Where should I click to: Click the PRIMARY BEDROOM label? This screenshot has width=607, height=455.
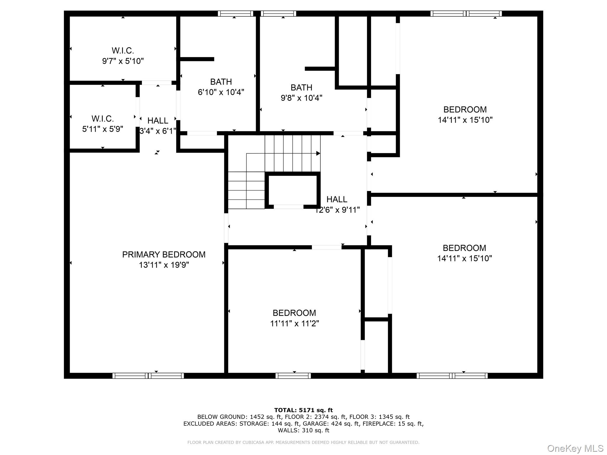(164, 254)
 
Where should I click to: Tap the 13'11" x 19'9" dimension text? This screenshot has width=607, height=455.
(164, 265)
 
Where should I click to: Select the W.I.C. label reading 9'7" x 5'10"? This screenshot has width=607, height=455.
(123, 50)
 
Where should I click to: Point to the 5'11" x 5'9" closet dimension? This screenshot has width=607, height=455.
(103, 129)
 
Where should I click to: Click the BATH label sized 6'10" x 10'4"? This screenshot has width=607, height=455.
(221, 82)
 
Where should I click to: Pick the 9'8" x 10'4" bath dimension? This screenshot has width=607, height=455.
(301, 98)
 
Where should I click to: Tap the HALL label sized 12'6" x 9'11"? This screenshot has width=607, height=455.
(337, 199)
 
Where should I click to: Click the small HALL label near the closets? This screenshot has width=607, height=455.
(158, 121)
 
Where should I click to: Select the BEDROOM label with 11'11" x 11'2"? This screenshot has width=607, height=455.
(294, 313)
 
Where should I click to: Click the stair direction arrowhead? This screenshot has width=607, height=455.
(318, 153)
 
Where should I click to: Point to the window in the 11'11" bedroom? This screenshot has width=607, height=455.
(293, 376)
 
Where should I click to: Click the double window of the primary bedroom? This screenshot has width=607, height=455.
(148, 376)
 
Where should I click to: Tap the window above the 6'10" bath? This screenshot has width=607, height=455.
(236, 14)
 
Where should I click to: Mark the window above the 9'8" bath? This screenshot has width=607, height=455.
(279, 14)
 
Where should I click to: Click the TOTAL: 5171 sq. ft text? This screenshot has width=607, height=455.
(303, 410)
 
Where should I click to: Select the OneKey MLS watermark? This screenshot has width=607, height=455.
(575, 448)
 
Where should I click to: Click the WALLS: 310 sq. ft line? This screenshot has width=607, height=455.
(303, 430)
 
